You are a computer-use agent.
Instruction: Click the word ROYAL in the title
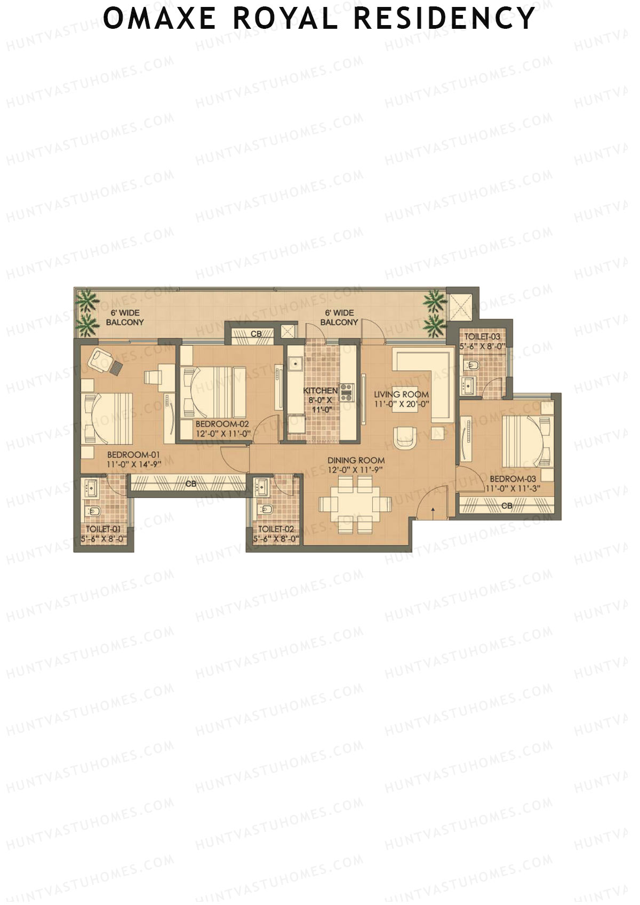click(x=286, y=18)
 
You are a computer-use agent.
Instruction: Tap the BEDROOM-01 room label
click(x=133, y=455)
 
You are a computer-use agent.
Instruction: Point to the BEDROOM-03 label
click(x=513, y=479)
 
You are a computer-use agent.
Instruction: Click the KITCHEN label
click(x=320, y=391)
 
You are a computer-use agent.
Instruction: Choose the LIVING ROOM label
click(x=401, y=395)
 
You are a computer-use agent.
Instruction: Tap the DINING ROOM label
click(x=356, y=460)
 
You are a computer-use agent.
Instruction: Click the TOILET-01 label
click(x=103, y=529)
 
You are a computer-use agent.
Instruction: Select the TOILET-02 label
click(x=276, y=529)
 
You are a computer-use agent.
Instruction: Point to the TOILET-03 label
click(x=482, y=337)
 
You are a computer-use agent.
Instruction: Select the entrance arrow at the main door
click(x=433, y=511)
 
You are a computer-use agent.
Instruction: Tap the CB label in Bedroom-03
click(x=507, y=505)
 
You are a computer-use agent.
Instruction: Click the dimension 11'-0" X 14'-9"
click(x=133, y=464)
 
